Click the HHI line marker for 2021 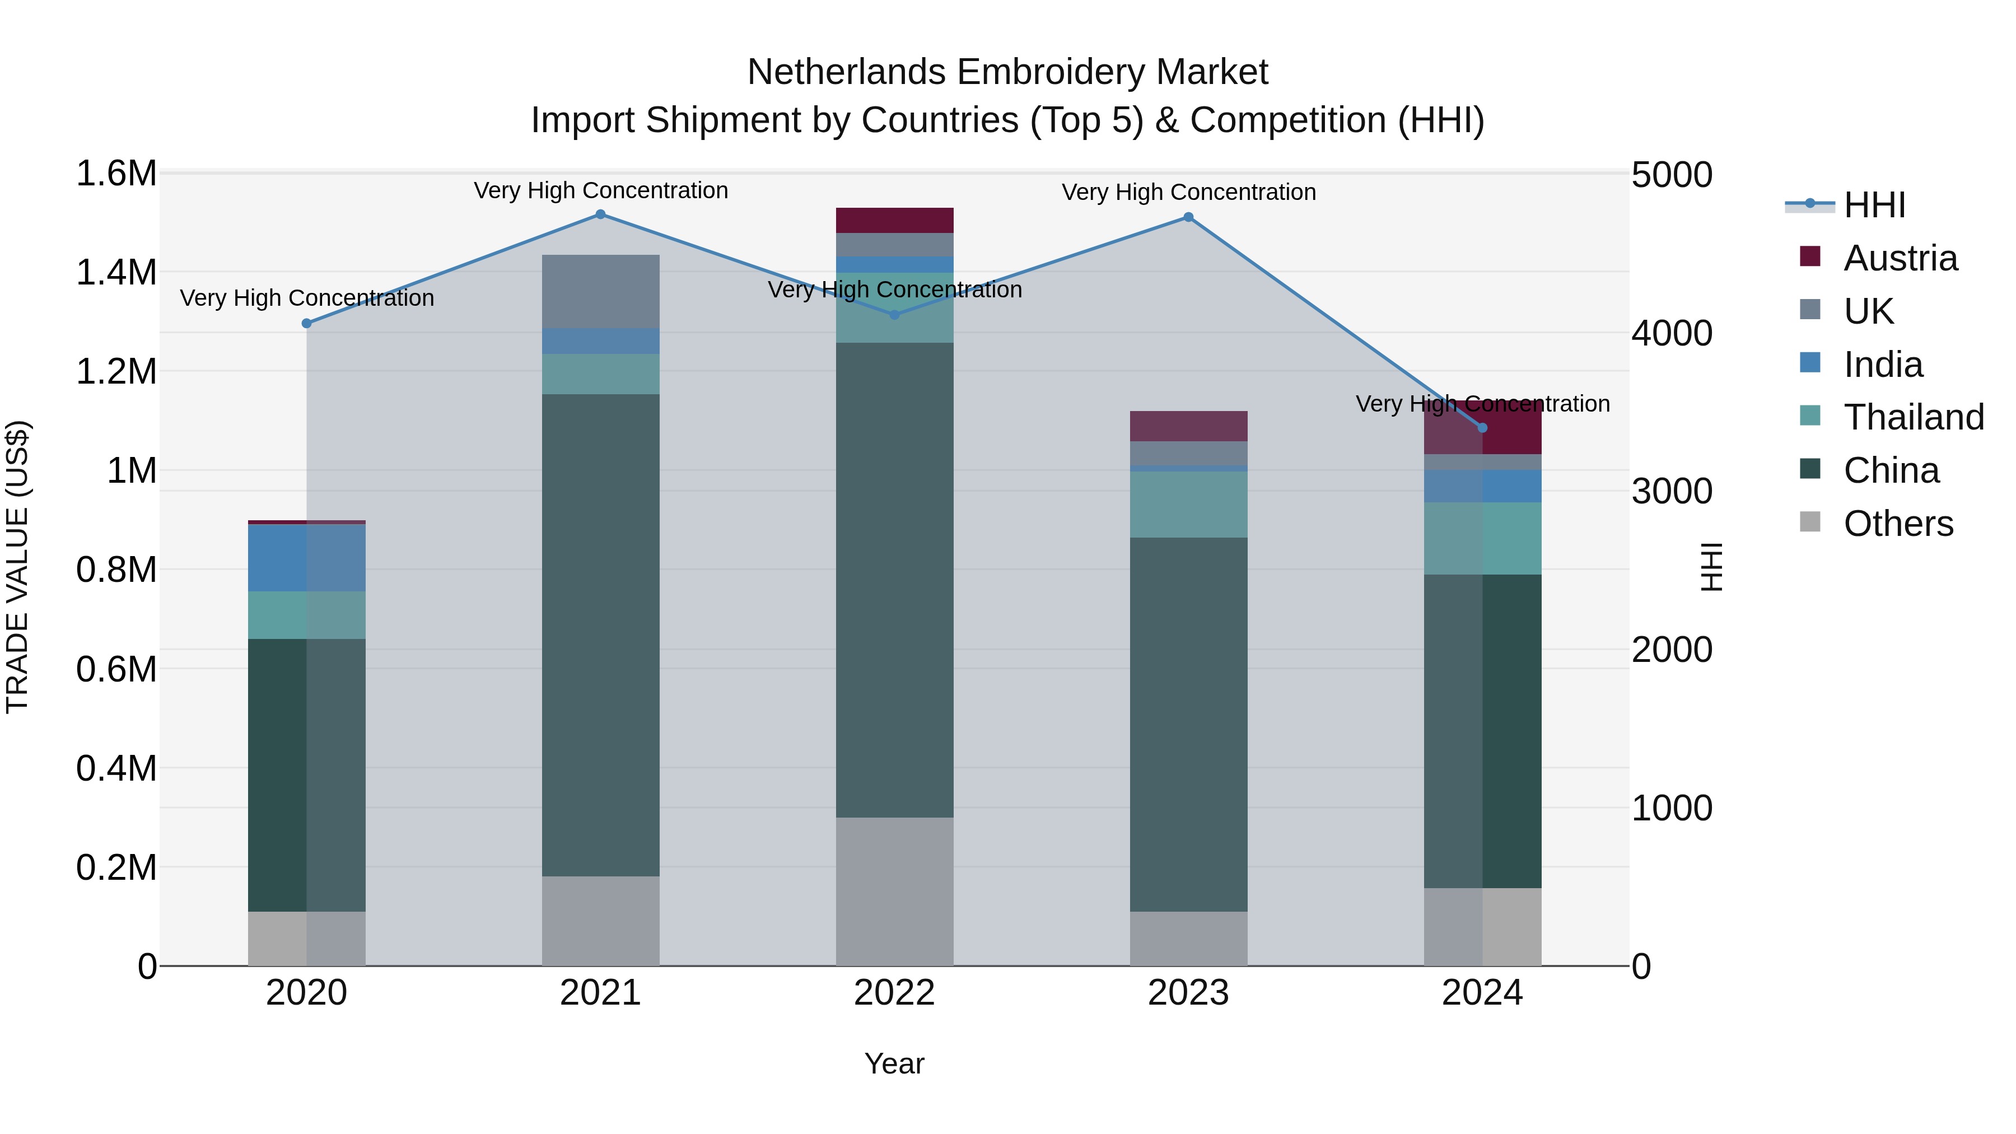(x=600, y=214)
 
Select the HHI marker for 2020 (x=307, y=323)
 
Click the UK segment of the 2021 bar (x=600, y=291)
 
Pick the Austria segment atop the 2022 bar (x=894, y=220)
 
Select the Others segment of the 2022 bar (x=894, y=892)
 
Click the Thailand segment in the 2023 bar (x=1188, y=504)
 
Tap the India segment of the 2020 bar (x=307, y=558)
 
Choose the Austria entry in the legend (x=1900, y=258)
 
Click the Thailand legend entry (x=1914, y=417)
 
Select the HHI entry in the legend (x=1874, y=205)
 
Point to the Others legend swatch (x=1810, y=522)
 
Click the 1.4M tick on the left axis (x=116, y=273)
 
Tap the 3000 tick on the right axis (x=1672, y=492)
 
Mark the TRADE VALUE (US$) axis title (x=17, y=567)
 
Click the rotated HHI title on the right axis (x=1711, y=567)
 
